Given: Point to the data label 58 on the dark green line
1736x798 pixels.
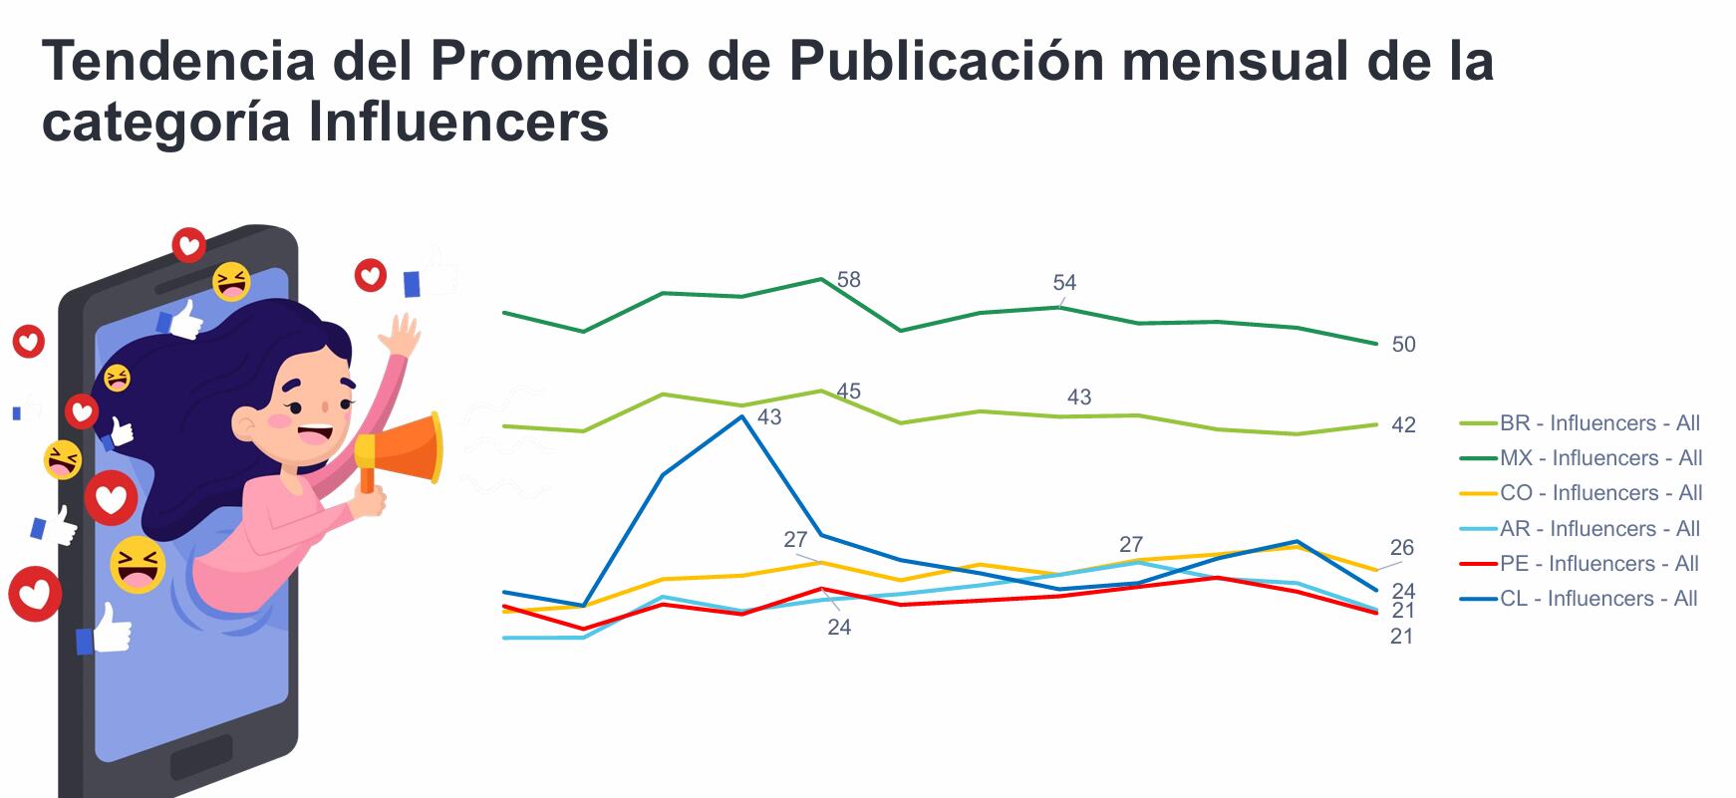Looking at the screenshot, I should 848,280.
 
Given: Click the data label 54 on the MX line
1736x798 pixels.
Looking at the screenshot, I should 1064,283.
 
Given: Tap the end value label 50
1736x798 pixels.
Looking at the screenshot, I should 1403,345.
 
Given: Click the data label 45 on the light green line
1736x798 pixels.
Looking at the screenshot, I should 848,392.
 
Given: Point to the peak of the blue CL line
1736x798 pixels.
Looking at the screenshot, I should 742,416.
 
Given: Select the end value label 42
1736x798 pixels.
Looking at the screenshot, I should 1403,425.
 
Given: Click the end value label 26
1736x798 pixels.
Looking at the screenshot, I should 1402,548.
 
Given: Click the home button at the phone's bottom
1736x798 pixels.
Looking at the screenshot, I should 200,758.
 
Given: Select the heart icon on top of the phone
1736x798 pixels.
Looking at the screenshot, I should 188,244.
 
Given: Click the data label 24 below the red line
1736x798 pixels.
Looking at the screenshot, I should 839,628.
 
